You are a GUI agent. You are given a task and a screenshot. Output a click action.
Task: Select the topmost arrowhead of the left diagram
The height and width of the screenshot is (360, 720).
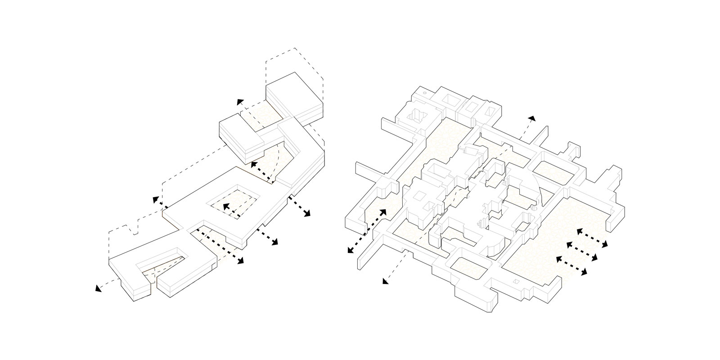tap(241, 102)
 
